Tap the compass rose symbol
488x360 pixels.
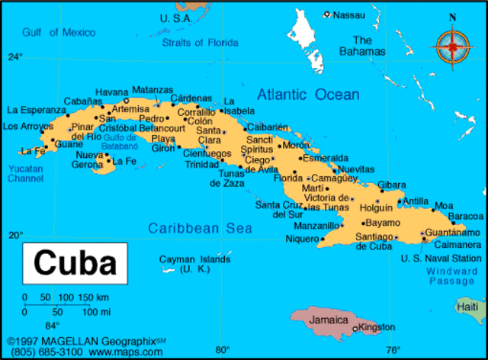(452, 45)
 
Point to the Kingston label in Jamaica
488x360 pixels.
(377, 327)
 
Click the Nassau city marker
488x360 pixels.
(327, 14)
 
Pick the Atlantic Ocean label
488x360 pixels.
(307, 95)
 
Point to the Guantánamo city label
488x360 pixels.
(454, 232)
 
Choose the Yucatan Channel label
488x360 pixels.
(26, 173)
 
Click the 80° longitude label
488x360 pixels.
(222, 350)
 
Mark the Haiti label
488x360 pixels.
(467, 306)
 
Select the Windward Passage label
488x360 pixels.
(452, 276)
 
